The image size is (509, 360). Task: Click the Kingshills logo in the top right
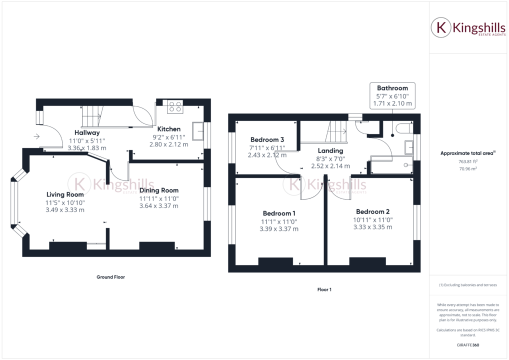pyautogui.click(x=464, y=28)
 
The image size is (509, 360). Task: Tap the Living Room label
pyautogui.click(x=65, y=194)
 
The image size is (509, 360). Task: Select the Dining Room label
pyautogui.click(x=158, y=190)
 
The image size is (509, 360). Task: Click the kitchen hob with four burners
pyautogui.click(x=175, y=106)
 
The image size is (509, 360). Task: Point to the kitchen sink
pyautogui.click(x=201, y=130)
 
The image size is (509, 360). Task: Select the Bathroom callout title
pyautogui.click(x=392, y=88)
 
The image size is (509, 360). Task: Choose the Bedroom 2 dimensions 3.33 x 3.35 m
pyautogui.click(x=373, y=227)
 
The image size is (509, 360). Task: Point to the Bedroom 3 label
pyautogui.click(x=267, y=139)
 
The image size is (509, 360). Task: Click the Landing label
pyautogui.click(x=330, y=150)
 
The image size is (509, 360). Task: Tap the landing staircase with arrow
pyautogui.click(x=337, y=131)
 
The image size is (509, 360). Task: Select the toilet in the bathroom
pyautogui.click(x=402, y=129)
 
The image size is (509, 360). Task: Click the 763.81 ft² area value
pyautogui.click(x=467, y=161)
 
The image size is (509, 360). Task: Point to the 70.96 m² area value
pyautogui.click(x=467, y=168)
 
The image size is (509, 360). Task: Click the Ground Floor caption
pyautogui.click(x=110, y=276)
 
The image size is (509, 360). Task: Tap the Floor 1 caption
pyautogui.click(x=324, y=289)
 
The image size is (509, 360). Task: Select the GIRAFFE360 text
pyautogui.click(x=467, y=345)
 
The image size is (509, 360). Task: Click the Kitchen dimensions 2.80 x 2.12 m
pyautogui.click(x=168, y=144)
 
